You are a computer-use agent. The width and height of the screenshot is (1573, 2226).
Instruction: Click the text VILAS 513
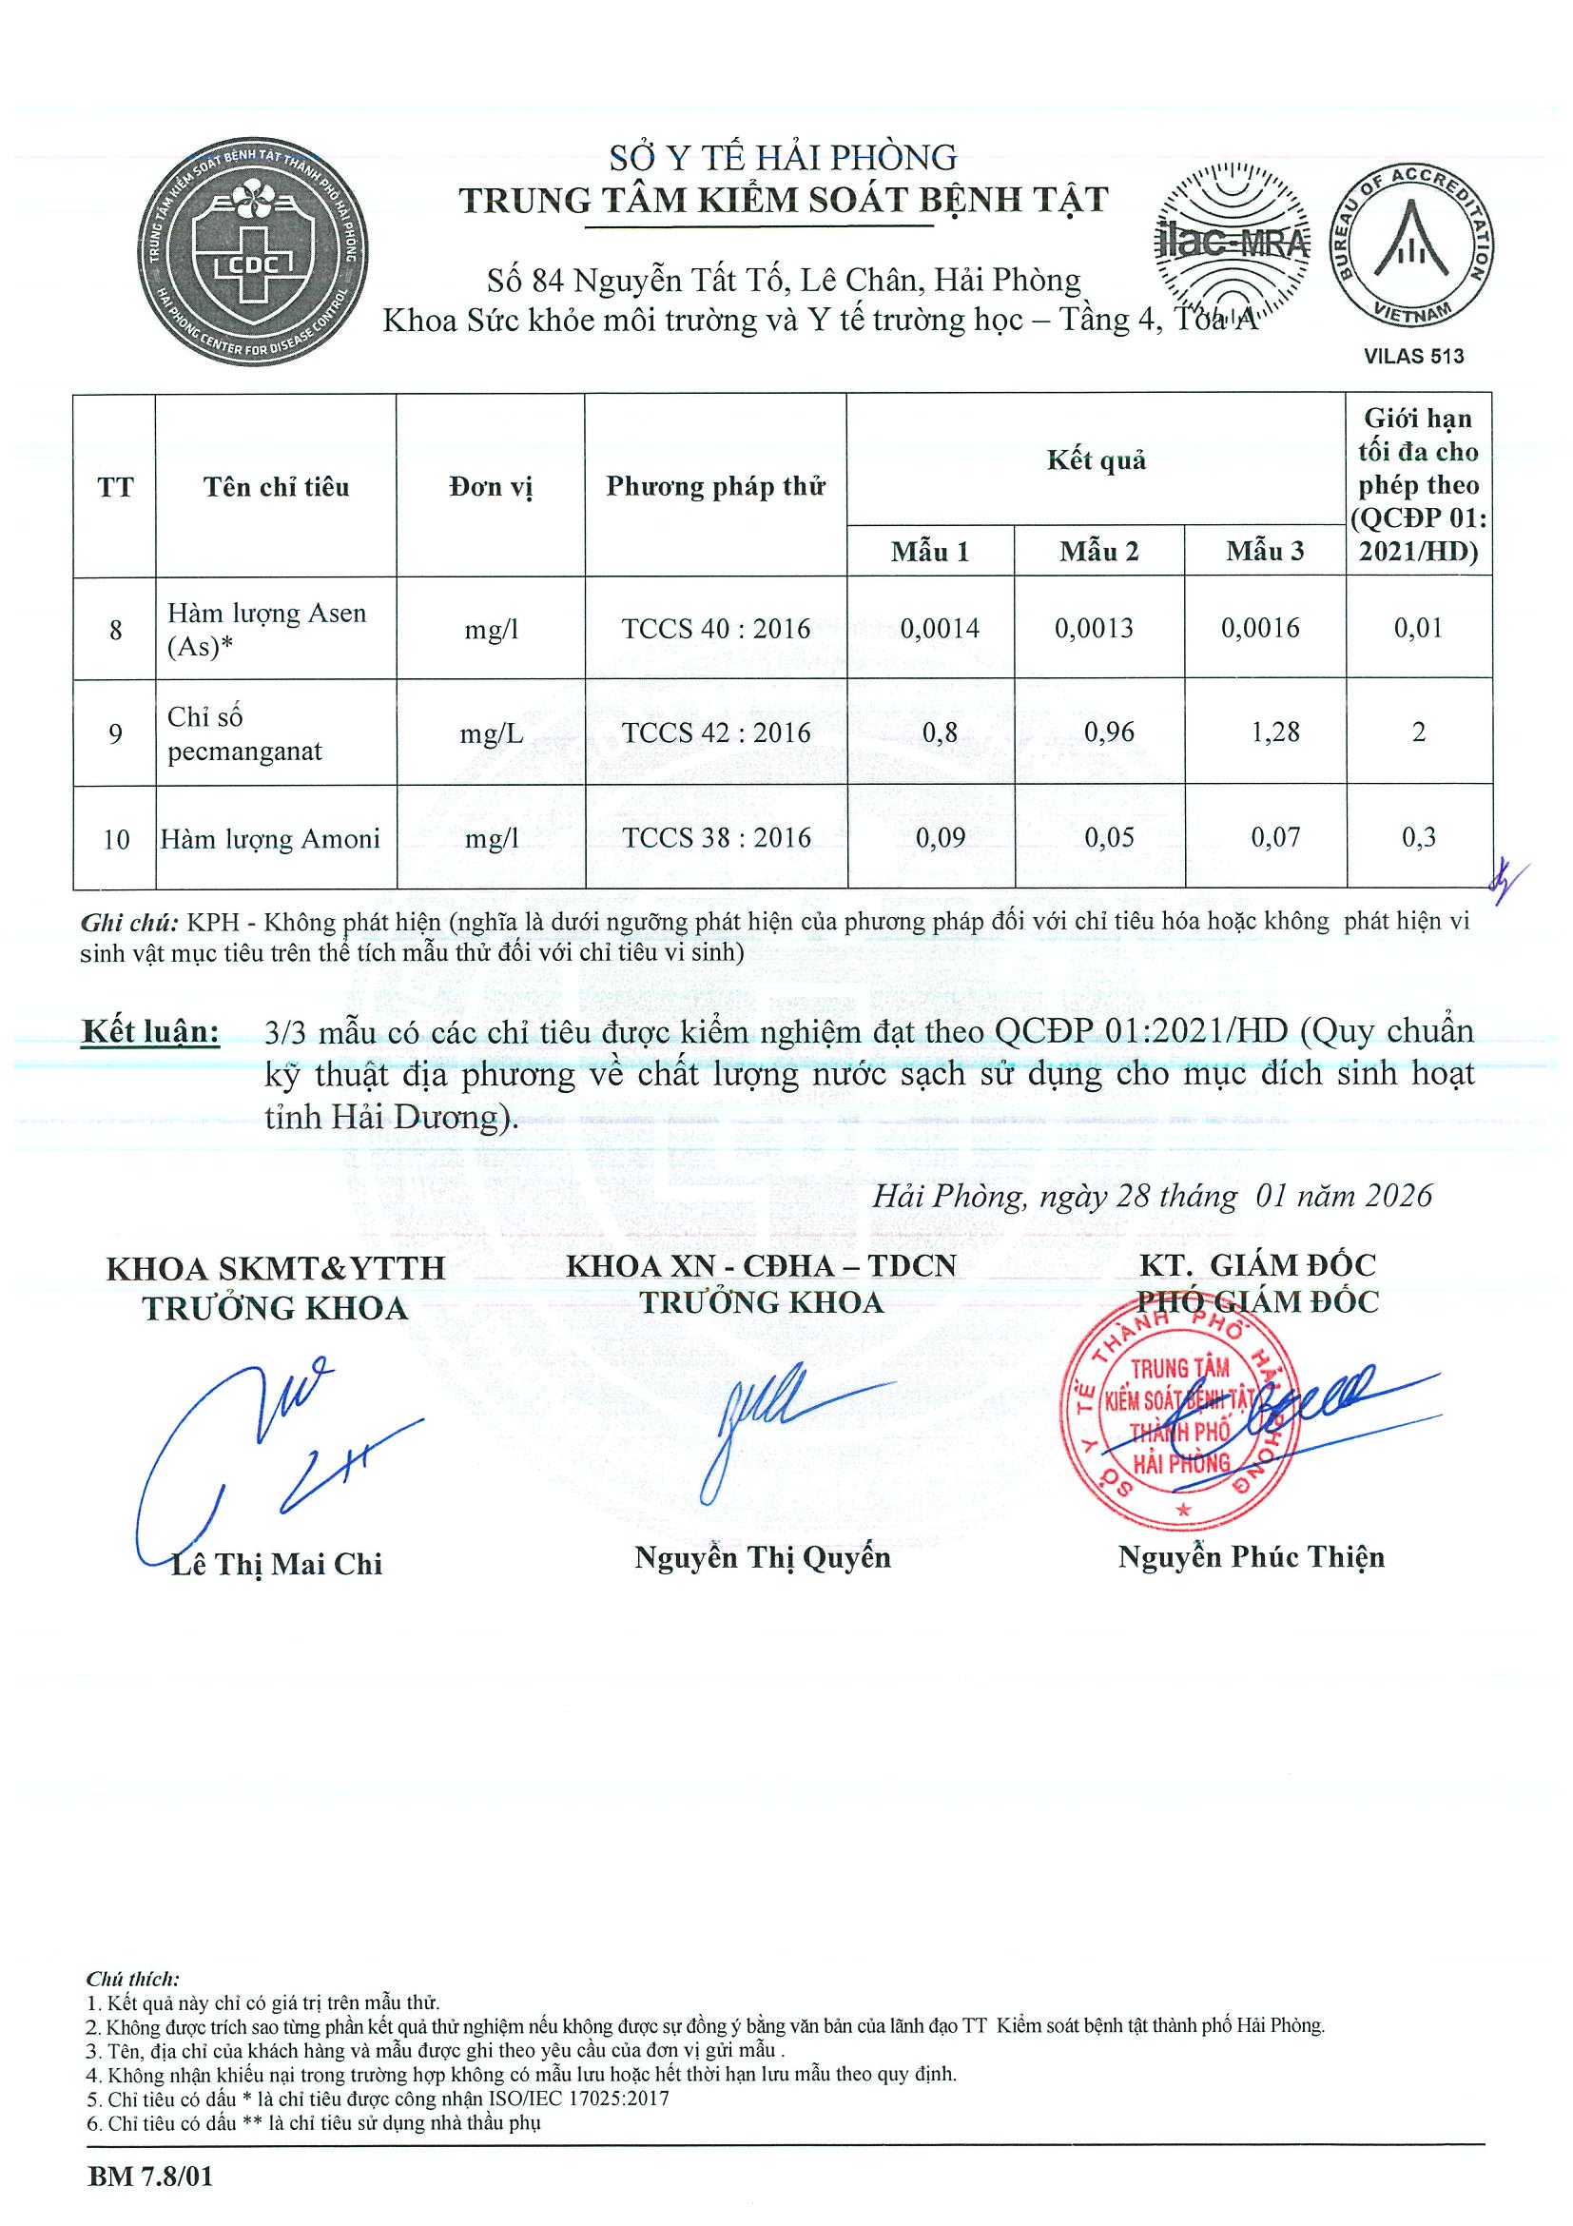(x=1414, y=356)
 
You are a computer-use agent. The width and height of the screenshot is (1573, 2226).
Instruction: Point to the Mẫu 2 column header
(x=1098, y=552)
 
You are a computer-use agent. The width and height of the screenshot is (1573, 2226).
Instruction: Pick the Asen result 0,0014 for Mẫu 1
(x=940, y=628)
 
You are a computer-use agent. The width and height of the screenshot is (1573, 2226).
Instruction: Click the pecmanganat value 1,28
(x=1274, y=732)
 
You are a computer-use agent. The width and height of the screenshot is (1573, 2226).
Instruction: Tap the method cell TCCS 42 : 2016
(x=716, y=732)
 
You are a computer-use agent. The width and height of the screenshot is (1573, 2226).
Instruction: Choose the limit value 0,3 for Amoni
(x=1418, y=837)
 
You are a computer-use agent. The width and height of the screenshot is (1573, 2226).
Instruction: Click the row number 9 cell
(x=115, y=732)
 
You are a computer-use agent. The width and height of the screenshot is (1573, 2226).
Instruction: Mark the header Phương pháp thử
(x=715, y=486)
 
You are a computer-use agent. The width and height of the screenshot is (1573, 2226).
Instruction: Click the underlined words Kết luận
(x=150, y=1030)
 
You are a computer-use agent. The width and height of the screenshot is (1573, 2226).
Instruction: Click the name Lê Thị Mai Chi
(x=276, y=1564)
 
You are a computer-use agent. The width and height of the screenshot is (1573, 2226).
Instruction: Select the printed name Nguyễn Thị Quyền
(x=762, y=1557)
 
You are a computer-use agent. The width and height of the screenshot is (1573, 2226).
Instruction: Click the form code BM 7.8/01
(x=150, y=2177)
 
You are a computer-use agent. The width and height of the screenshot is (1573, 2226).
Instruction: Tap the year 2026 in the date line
(x=1398, y=1196)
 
